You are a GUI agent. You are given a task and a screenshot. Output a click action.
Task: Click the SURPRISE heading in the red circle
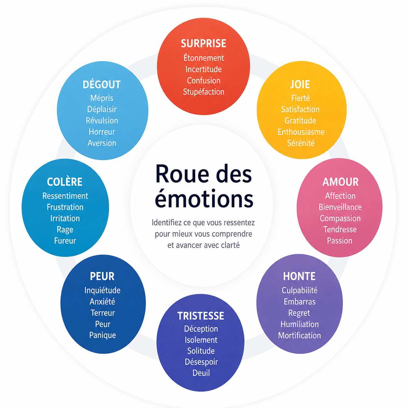point(203,43)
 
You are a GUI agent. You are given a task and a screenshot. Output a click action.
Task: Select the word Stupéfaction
point(203,92)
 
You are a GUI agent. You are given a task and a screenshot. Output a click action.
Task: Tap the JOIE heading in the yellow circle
point(300,85)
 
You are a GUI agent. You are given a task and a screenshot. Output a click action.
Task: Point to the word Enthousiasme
point(301,132)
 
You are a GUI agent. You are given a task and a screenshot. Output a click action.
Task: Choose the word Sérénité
point(301,143)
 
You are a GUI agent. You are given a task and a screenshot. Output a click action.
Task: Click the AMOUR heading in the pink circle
point(340,182)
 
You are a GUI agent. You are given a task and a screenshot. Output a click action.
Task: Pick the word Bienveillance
point(340,207)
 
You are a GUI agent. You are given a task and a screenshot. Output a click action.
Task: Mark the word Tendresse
point(340,229)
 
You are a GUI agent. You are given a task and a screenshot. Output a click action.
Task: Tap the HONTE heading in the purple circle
point(299,276)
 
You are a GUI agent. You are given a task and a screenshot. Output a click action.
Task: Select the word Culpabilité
point(299,291)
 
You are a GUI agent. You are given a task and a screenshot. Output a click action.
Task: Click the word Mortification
point(299,335)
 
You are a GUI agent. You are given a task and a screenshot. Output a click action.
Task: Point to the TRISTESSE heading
point(201,316)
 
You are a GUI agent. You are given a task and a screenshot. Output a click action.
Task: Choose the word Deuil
point(201,373)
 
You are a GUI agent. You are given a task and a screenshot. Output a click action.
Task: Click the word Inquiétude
point(102,291)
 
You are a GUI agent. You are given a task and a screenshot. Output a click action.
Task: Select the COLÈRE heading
point(64,182)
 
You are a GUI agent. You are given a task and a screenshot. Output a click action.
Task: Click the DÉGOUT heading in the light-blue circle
point(102,85)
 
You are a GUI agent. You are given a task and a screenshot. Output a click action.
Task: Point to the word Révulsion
point(102,121)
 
